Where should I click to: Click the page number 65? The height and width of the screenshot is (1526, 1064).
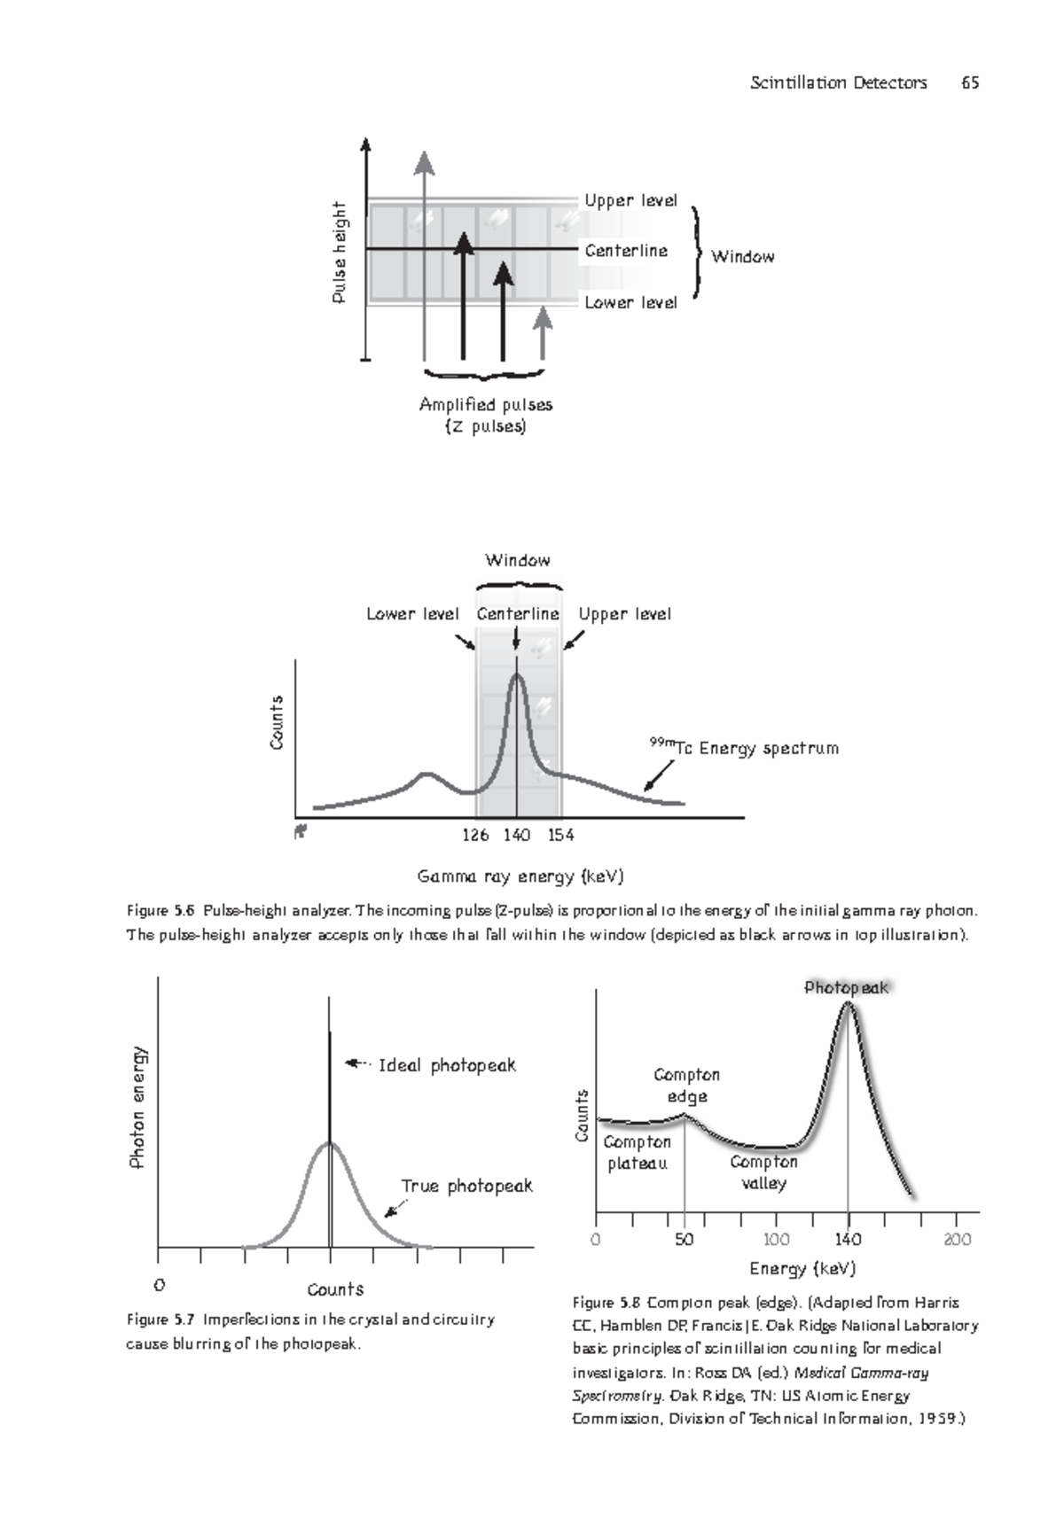coord(969,83)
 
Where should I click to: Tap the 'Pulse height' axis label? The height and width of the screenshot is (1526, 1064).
coord(339,253)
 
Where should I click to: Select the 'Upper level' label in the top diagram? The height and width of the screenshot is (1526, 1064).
coord(630,200)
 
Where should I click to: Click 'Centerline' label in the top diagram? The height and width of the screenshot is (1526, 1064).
coord(626,251)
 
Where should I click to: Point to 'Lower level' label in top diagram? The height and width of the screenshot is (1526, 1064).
coord(630,302)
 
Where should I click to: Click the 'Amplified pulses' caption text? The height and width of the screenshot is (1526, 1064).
coord(486,405)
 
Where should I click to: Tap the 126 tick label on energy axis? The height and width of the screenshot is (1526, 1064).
coord(476,835)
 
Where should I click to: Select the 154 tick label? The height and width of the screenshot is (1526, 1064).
coord(560,835)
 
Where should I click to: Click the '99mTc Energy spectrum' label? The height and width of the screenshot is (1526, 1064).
coord(745,748)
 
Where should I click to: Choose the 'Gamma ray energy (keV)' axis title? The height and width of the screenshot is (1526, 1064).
coord(520,877)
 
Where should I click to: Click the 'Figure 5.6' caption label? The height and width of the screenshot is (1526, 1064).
coord(160,911)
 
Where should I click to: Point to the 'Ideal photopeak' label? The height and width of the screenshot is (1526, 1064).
coord(447,1065)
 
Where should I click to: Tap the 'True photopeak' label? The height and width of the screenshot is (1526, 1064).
coord(466,1186)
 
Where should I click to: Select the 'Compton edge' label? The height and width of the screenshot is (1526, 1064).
coord(686,1086)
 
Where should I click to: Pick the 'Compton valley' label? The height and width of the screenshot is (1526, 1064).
coord(763,1172)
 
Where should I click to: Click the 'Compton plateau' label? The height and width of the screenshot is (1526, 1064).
coord(637,1153)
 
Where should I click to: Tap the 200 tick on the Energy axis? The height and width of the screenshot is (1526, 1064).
coord(958,1239)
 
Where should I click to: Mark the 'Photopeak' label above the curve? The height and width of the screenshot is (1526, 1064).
coord(846,987)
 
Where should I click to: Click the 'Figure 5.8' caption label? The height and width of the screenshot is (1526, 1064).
coord(606,1303)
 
